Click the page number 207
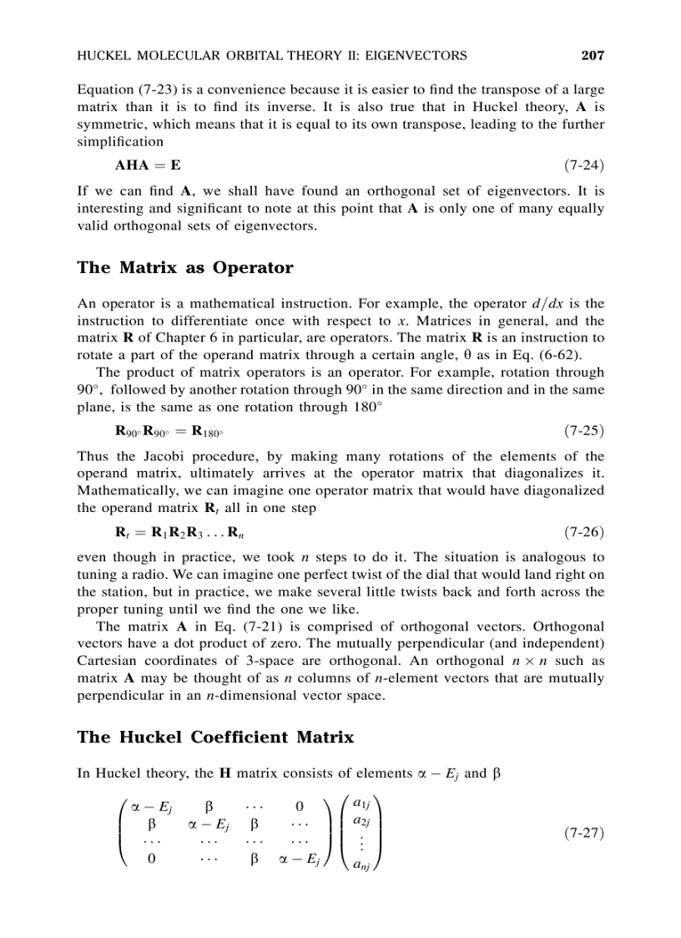coord(592,56)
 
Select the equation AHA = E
coord(148,165)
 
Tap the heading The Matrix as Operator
coord(184,267)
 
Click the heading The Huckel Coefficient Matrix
coord(215,737)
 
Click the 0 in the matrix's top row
coord(299,807)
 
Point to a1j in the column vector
coord(362,804)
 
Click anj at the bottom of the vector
coord(362,864)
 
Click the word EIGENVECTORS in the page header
coord(411,56)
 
